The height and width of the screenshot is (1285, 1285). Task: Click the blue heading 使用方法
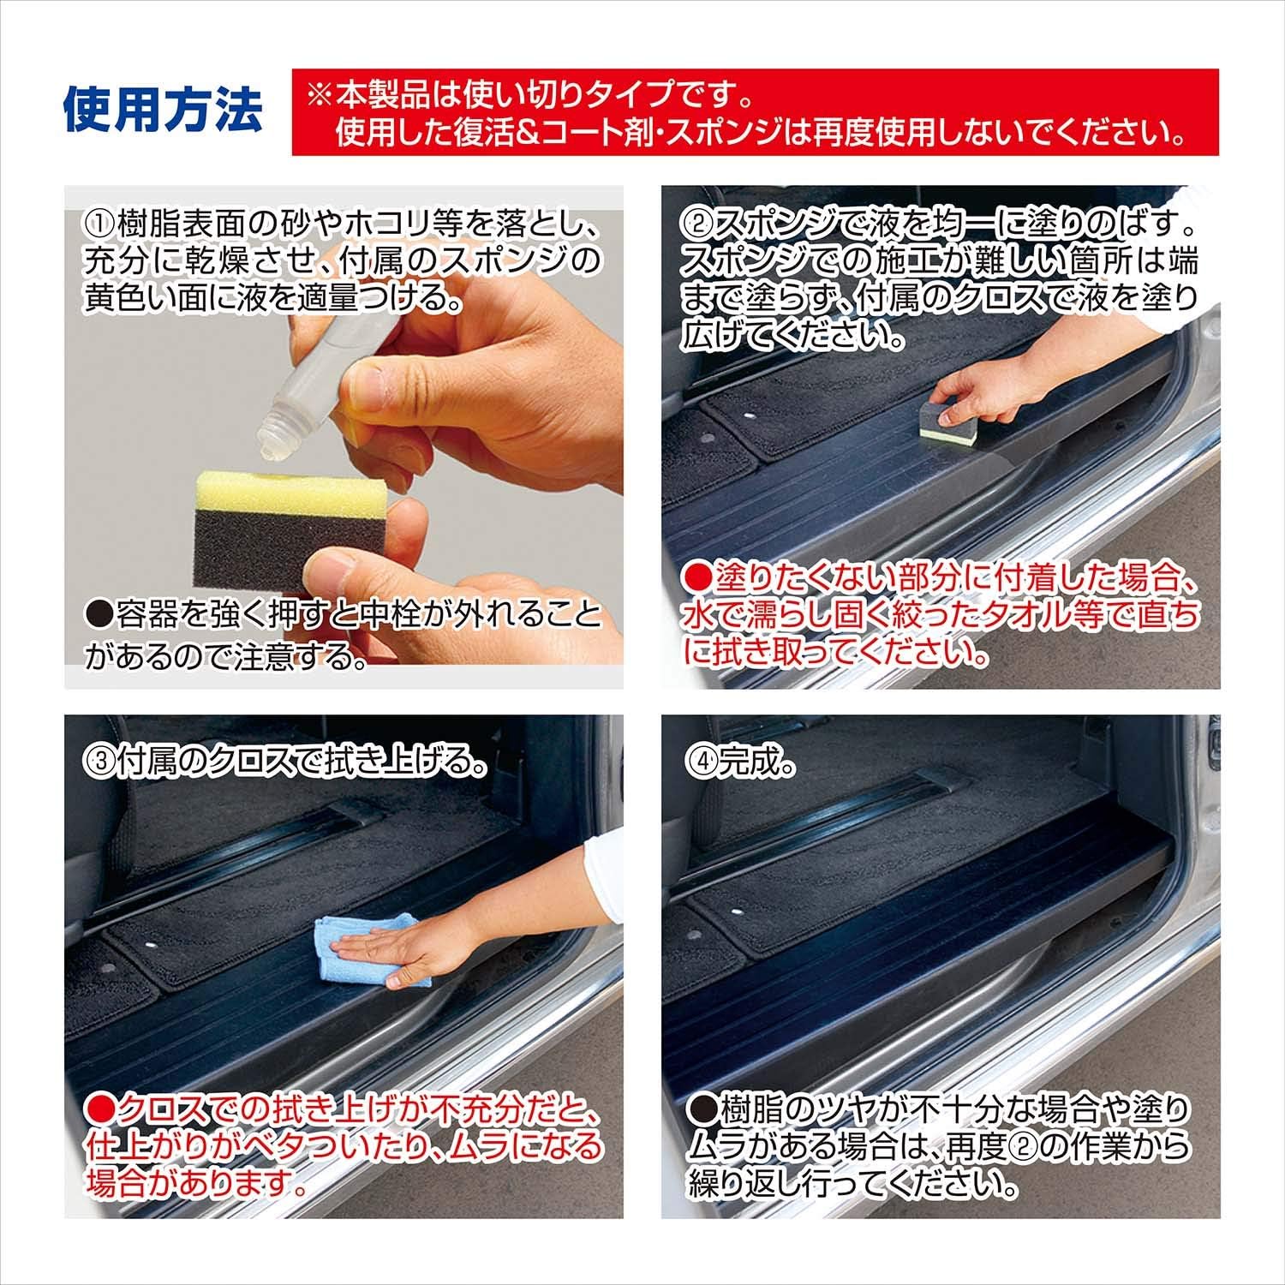(x=163, y=111)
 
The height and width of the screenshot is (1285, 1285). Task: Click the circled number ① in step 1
(x=97, y=226)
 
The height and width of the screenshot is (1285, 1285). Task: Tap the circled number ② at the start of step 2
(x=695, y=226)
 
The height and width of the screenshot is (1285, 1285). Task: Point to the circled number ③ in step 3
(x=97, y=760)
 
